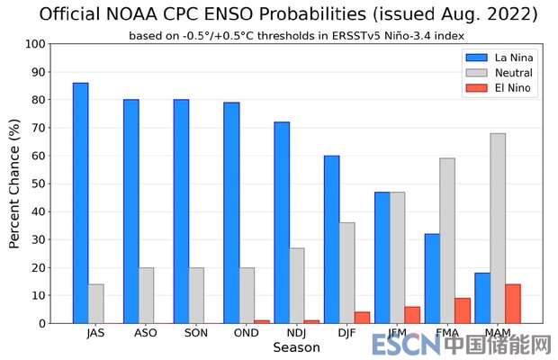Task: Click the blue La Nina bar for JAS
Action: tap(81, 202)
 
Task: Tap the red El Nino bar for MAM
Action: tap(513, 303)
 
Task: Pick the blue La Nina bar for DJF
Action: tap(332, 238)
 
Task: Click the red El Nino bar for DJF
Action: tap(362, 317)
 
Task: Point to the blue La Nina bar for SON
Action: tap(181, 211)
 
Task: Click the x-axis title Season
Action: tap(296, 346)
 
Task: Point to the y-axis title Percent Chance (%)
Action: tap(15, 184)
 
